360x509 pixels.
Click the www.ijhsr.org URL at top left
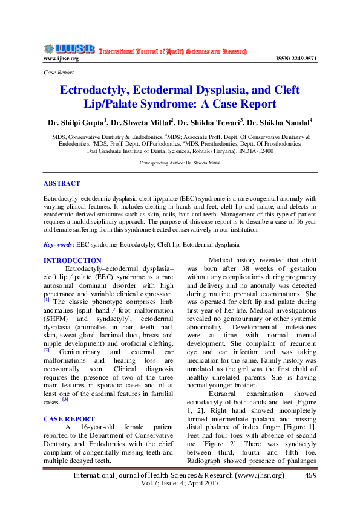pyautogui.click(x=61, y=59)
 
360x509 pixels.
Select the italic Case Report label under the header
pyautogui.click(x=59, y=72)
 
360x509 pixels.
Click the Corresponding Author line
pyautogui.click(x=180, y=163)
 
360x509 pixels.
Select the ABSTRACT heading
pyautogui.click(x=61, y=183)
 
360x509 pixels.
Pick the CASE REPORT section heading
pyautogui.click(x=68, y=418)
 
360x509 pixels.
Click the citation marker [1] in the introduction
pyautogui.click(x=47, y=300)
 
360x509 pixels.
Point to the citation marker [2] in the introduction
pyautogui.click(x=47, y=349)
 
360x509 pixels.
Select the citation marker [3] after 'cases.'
pyautogui.click(x=65, y=398)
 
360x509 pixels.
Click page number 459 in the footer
pyautogui.click(x=311, y=475)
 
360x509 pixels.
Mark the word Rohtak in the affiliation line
pyautogui.click(x=214, y=151)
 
